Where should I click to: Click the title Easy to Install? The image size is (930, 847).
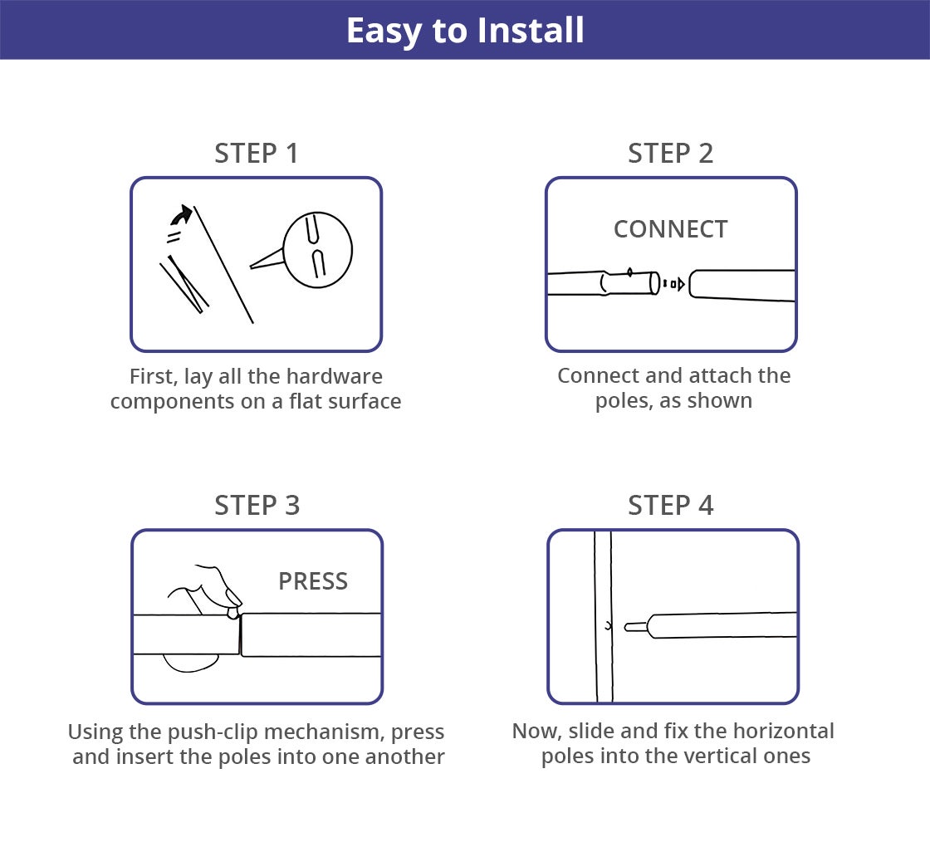click(x=465, y=31)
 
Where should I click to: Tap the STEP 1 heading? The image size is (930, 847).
click(x=257, y=154)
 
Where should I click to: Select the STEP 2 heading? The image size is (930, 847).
click(x=671, y=154)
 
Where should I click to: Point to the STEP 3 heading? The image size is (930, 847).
click(x=257, y=506)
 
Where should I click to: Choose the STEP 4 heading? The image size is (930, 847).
click(x=671, y=506)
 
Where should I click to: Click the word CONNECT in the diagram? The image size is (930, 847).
click(x=671, y=229)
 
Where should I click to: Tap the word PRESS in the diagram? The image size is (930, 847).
click(x=313, y=581)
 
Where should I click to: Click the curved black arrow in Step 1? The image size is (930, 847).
click(x=182, y=215)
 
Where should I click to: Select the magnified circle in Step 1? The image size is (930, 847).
click(x=318, y=250)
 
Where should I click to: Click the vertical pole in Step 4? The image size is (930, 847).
click(x=603, y=616)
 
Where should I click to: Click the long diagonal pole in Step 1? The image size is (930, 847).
click(x=223, y=265)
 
